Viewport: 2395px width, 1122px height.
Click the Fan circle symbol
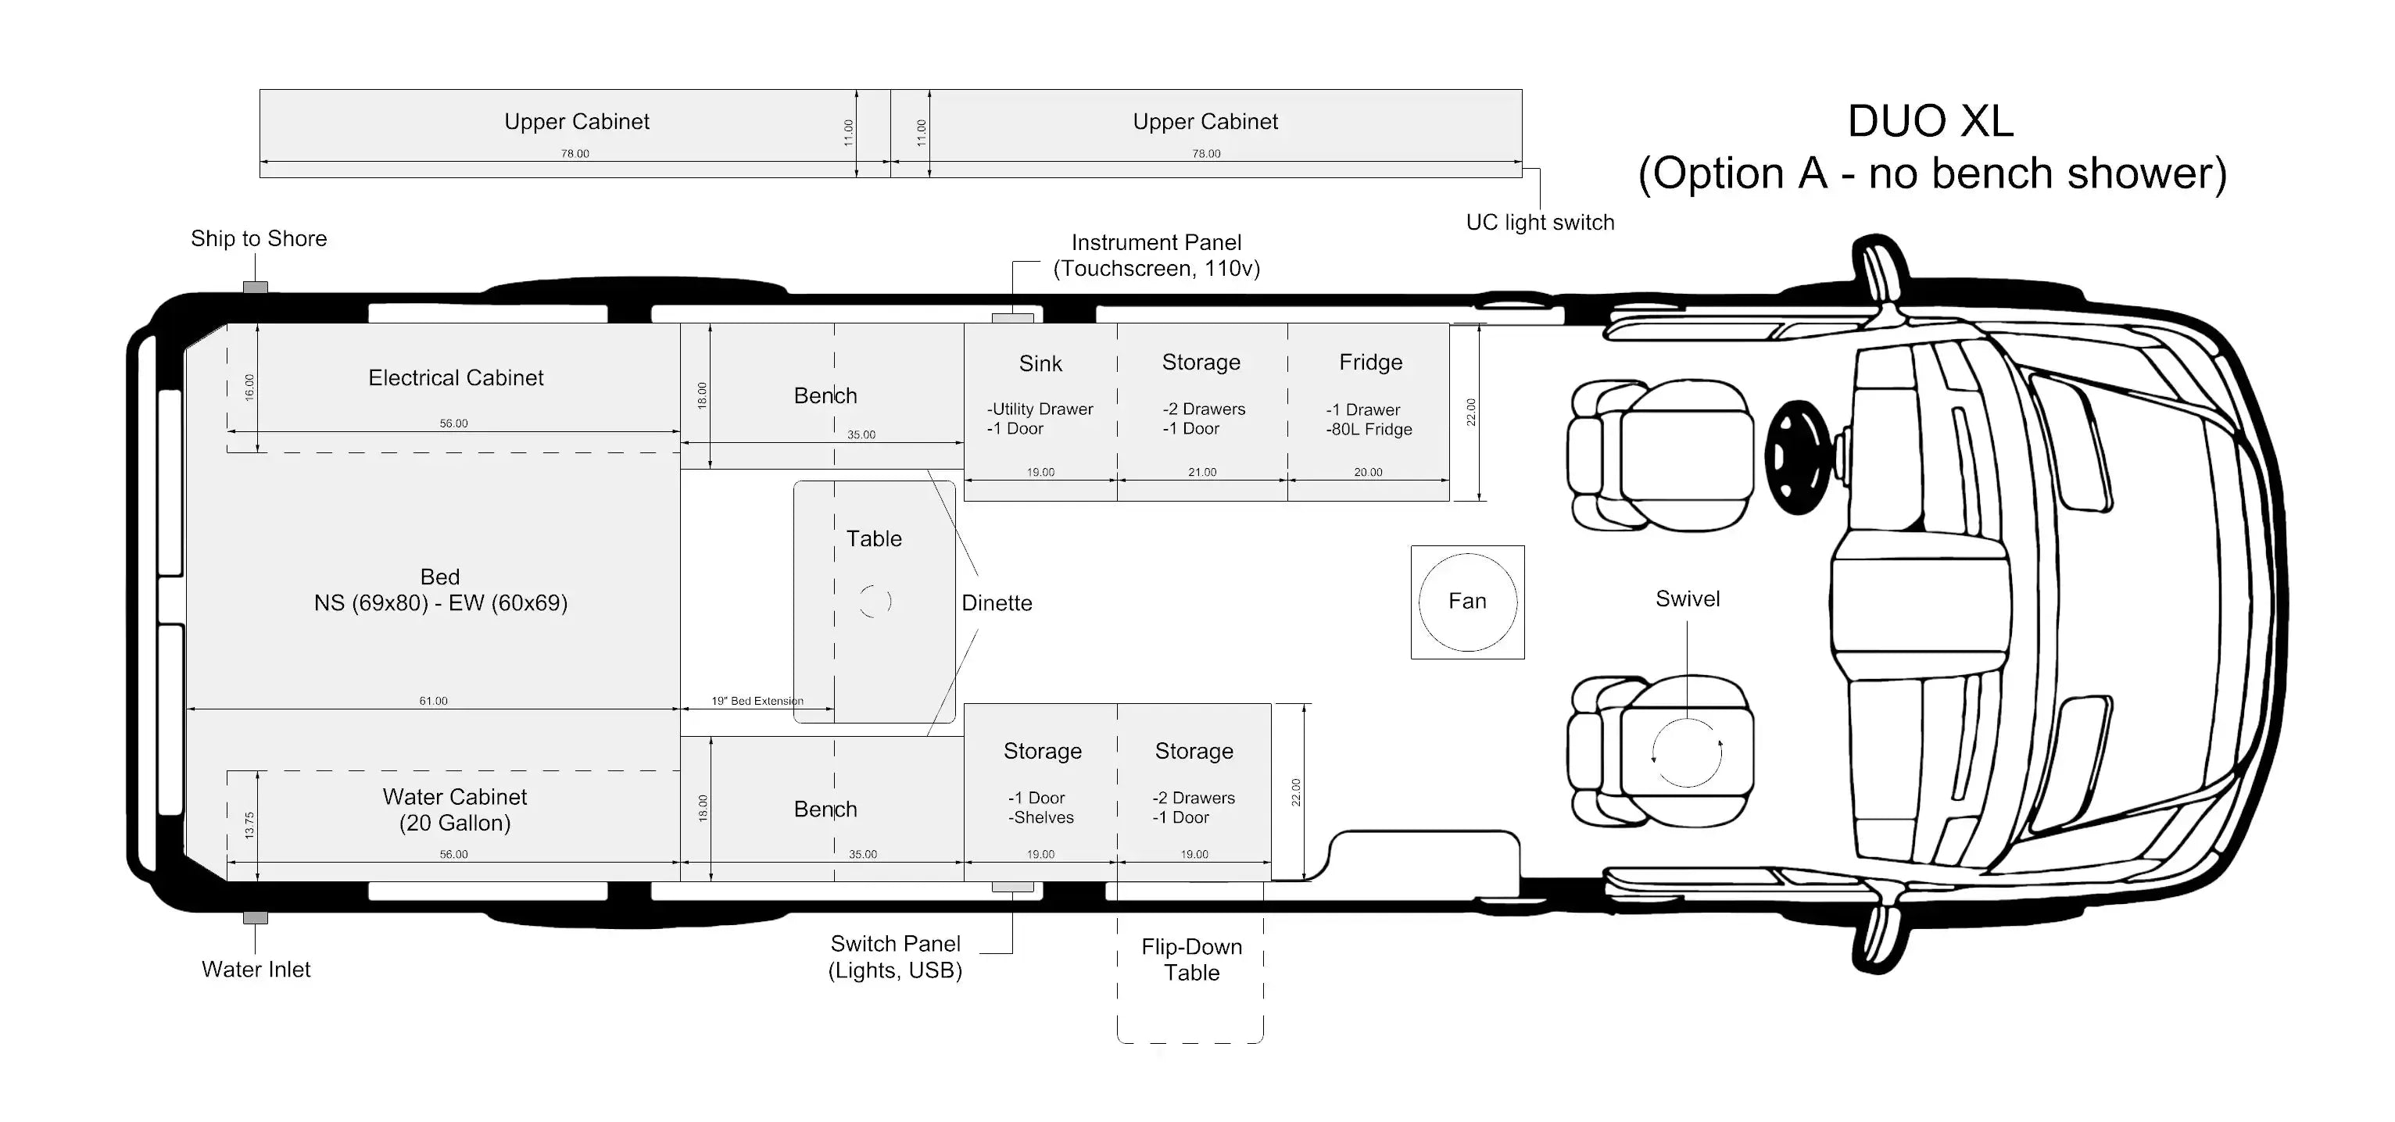click(1467, 602)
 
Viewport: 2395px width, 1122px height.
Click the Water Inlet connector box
click(256, 918)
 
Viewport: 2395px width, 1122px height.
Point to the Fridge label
click(1370, 363)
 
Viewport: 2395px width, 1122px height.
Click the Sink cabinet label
click(1040, 363)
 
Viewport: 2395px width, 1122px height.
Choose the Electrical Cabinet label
click(456, 378)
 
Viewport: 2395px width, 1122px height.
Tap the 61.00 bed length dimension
click(433, 701)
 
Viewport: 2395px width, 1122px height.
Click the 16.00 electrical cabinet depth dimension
click(249, 387)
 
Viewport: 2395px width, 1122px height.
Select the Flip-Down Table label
click(1191, 959)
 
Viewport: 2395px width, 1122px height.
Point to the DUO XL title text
click(1930, 122)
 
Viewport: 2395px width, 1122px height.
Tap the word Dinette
click(997, 603)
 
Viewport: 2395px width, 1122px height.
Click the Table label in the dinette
click(874, 539)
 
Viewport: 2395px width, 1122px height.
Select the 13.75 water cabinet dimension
click(249, 824)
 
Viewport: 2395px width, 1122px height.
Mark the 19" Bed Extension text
click(757, 701)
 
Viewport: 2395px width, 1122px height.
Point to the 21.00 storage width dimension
click(1202, 472)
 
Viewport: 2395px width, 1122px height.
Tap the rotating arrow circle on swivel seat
click(1687, 753)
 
